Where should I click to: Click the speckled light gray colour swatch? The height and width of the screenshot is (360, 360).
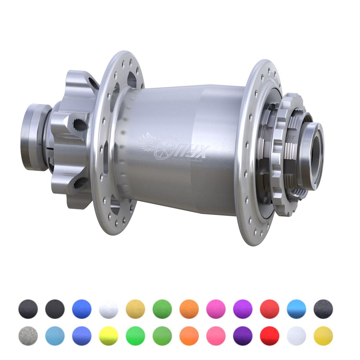pos(28,336)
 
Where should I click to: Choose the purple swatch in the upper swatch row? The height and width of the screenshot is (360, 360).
pos(243,309)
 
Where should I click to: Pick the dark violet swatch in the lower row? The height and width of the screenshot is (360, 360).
pos(243,336)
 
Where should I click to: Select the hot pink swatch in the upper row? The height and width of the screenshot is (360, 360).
pos(216,309)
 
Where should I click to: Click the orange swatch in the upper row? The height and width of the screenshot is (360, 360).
pos(189,309)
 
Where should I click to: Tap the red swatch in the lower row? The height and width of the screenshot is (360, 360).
pos(270,336)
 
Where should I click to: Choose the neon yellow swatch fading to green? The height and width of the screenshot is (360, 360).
pos(108,336)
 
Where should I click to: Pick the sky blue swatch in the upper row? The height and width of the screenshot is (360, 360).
pos(296,309)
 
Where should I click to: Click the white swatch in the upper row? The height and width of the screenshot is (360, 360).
pos(108,309)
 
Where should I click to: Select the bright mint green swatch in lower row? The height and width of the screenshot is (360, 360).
pos(135,336)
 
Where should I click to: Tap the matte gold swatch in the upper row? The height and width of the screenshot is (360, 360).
pos(135,309)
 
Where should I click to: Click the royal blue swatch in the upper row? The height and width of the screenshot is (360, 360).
pos(82,309)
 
